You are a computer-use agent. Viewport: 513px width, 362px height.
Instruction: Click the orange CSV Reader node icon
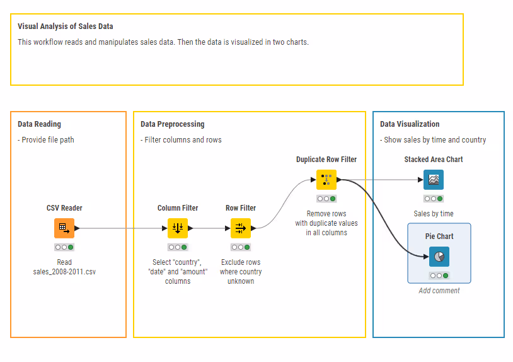point(64,228)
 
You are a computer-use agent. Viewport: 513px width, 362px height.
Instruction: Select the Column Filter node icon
point(177,228)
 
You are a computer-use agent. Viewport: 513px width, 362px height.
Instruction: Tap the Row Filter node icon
point(240,228)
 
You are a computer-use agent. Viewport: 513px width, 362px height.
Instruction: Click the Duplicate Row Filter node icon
point(326,180)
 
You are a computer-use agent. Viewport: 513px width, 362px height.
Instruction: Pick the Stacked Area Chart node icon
point(433,180)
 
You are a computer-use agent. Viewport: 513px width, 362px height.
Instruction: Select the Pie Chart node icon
point(439,256)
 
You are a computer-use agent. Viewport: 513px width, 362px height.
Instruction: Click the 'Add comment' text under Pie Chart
point(439,291)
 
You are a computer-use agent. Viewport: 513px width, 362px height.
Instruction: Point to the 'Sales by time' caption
point(433,214)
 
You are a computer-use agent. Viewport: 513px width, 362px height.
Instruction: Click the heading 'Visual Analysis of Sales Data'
point(66,26)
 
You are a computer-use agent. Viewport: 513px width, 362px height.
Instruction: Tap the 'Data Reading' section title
point(39,124)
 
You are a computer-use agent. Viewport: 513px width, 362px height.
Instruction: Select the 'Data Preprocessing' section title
point(172,124)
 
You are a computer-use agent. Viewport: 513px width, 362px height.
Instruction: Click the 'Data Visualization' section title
point(410,124)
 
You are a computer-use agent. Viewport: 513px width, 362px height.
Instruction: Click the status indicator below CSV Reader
point(64,247)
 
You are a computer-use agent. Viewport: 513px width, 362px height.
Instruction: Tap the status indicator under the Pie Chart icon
point(439,276)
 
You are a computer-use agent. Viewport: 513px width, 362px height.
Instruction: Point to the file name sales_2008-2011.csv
point(64,272)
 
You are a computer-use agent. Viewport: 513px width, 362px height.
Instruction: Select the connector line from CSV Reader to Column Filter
point(120,228)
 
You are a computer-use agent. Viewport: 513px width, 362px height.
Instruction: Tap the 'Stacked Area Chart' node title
point(433,160)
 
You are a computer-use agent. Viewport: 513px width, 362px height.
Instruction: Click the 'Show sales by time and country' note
point(433,139)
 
